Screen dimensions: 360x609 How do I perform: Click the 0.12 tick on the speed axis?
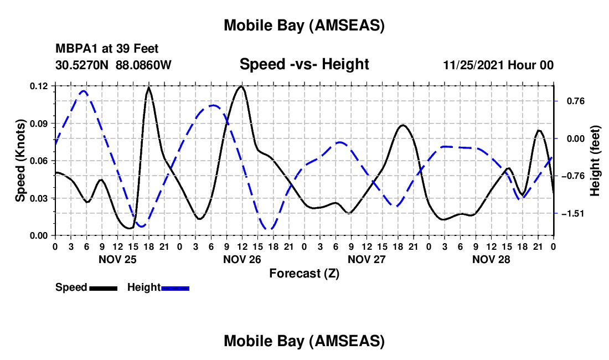pos(39,86)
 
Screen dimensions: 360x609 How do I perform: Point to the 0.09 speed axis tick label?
pos(39,123)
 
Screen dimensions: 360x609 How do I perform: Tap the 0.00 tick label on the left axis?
pos(39,235)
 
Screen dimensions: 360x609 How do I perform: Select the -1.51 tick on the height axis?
pos(571,213)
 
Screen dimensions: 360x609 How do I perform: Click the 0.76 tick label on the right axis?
pos(572,101)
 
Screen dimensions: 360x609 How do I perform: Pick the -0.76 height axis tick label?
pos(571,176)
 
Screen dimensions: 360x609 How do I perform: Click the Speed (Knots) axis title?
pos(20,161)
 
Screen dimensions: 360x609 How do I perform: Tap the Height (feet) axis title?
pos(595,161)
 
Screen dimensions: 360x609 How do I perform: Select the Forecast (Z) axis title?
pos(304,273)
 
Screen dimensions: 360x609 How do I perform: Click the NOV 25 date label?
pos(117,259)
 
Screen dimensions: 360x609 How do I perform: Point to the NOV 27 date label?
pos(367,259)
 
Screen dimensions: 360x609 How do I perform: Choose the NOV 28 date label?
pos(491,259)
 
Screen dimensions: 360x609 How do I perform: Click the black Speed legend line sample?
pos(103,287)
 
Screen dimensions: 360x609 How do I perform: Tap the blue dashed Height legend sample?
pos(175,287)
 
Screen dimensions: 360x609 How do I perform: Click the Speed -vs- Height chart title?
pos(304,64)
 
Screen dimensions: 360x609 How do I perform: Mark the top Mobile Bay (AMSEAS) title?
pos(304,25)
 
